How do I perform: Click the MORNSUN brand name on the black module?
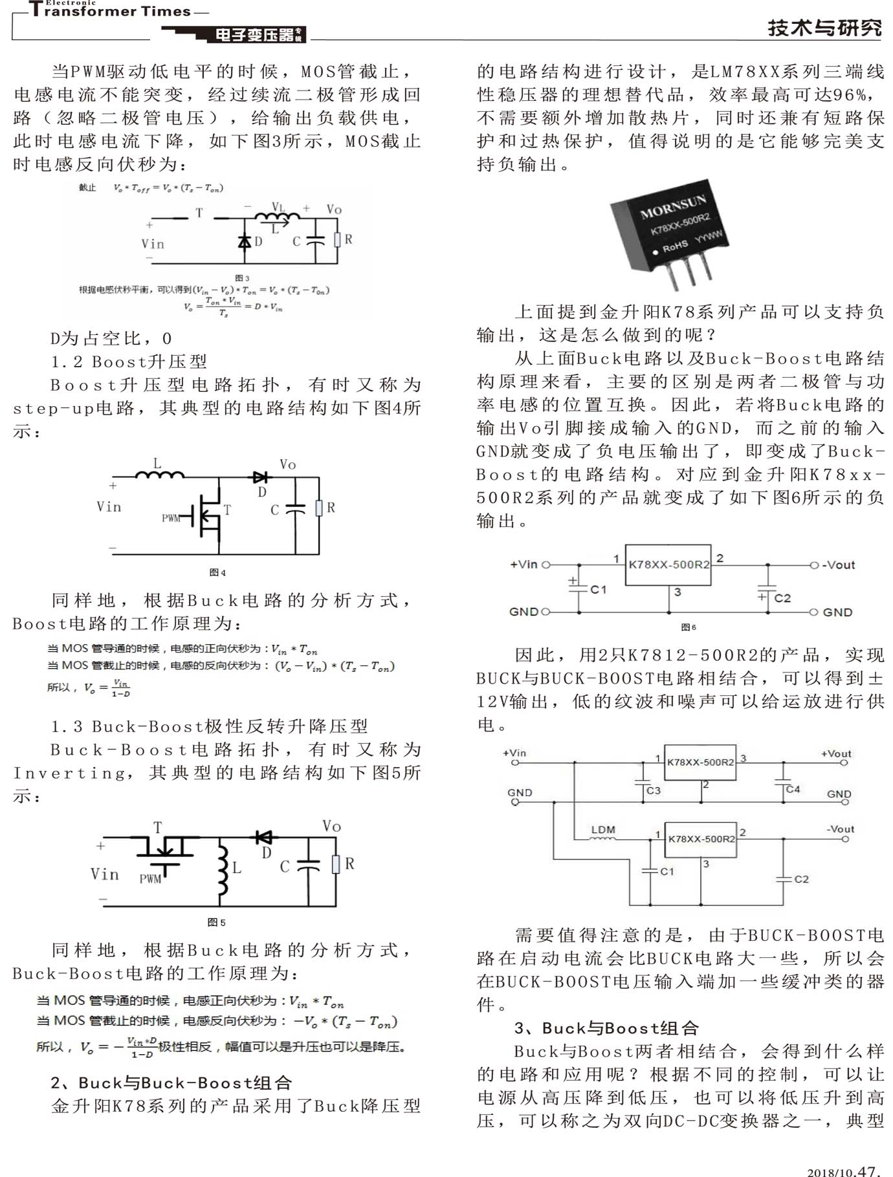click(x=672, y=204)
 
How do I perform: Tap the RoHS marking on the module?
click(x=674, y=246)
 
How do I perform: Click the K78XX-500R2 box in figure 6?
click(x=668, y=565)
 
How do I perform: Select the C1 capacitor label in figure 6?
click(x=599, y=589)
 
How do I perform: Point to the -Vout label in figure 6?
click(x=839, y=565)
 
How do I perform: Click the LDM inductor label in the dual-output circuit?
click(x=603, y=830)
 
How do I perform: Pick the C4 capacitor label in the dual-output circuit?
click(x=793, y=789)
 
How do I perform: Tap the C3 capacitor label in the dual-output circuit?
click(x=654, y=790)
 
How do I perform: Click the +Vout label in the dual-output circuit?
click(x=836, y=753)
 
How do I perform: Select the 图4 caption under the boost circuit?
click(x=217, y=572)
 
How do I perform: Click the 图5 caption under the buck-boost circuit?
click(x=216, y=922)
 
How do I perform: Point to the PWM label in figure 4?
click(x=171, y=518)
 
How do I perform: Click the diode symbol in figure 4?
click(x=260, y=477)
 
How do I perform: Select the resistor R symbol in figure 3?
click(x=337, y=240)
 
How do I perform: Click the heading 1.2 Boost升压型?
click(x=129, y=362)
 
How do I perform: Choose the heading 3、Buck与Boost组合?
click(x=606, y=1028)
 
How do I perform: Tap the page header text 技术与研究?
click(x=824, y=28)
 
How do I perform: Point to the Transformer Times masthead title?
click(x=110, y=11)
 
